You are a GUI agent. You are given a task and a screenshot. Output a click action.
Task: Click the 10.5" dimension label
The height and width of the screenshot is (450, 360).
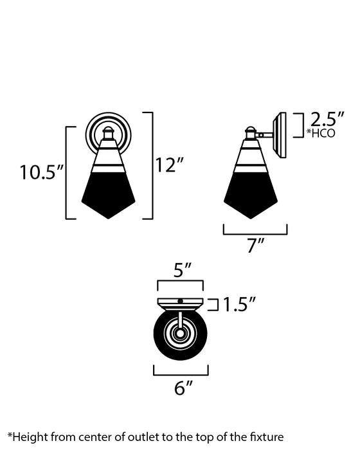[x=41, y=172]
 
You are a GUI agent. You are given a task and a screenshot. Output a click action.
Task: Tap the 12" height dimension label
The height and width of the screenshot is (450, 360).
[x=170, y=165]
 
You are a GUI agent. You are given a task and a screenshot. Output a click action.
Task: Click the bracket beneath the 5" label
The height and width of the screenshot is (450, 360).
[x=179, y=283]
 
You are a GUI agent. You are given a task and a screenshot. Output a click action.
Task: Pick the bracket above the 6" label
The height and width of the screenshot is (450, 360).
[x=181, y=372]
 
